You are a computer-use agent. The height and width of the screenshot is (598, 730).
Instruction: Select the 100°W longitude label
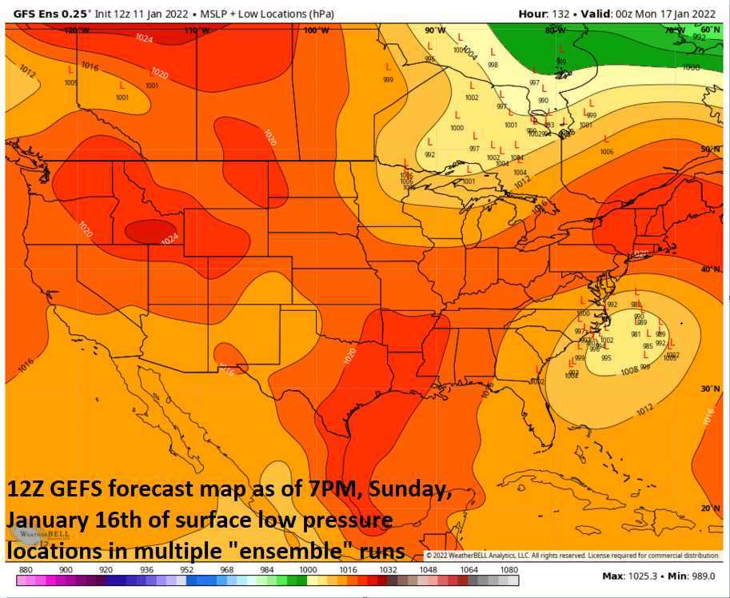pos(317,30)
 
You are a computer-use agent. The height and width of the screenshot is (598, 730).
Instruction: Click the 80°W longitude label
pos(556,30)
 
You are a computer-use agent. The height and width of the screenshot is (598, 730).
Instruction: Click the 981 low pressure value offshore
pos(636,334)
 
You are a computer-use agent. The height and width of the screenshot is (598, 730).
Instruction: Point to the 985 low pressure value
pos(648,346)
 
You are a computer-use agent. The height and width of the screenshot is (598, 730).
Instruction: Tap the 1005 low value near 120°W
pos(71,83)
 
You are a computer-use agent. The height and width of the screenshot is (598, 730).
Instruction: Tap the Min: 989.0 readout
pos(688,576)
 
